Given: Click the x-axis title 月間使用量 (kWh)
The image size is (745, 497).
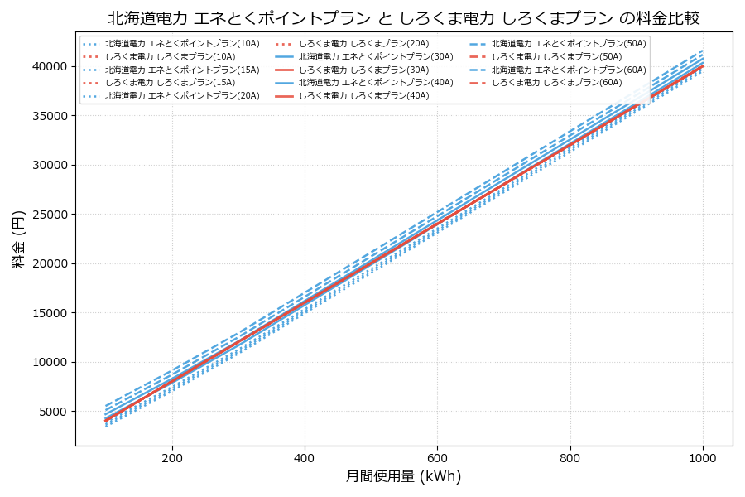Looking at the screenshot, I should [x=403, y=476].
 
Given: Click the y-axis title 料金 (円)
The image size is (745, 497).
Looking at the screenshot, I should [x=18, y=239].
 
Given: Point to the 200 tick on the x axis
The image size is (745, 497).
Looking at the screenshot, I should [x=172, y=456].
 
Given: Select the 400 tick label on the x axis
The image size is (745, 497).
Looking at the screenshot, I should [x=305, y=456].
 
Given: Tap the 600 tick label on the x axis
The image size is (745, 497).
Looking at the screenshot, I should [x=437, y=456].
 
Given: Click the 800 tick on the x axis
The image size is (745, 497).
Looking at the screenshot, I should [x=570, y=456].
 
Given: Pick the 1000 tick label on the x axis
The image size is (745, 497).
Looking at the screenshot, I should [x=703, y=456].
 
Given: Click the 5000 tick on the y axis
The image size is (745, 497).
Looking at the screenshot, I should [x=51, y=412].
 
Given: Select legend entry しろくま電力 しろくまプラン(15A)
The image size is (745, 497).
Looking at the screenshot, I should [x=170, y=83].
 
